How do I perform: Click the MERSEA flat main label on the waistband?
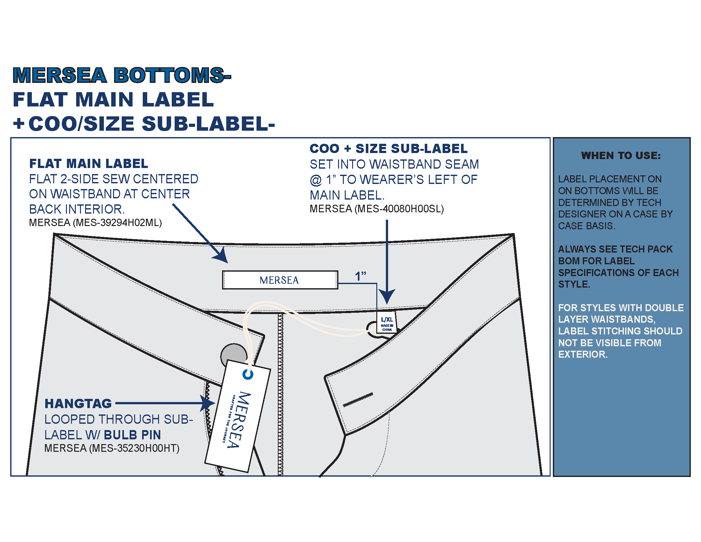tap(280, 280)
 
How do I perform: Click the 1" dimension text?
tap(360, 276)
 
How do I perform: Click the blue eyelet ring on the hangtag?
tap(248, 374)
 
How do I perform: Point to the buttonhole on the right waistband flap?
tap(358, 399)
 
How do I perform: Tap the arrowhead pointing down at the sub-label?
tap(387, 296)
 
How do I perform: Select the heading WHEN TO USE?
tap(621, 156)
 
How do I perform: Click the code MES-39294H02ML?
tap(117, 223)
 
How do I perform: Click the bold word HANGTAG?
tap(78, 404)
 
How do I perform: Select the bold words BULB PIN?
tap(132, 435)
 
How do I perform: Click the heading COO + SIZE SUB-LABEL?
tap(388, 149)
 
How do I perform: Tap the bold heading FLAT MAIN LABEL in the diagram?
tap(89, 164)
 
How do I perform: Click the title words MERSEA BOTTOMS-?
tap(121, 75)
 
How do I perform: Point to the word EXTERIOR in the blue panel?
tap(582, 355)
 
